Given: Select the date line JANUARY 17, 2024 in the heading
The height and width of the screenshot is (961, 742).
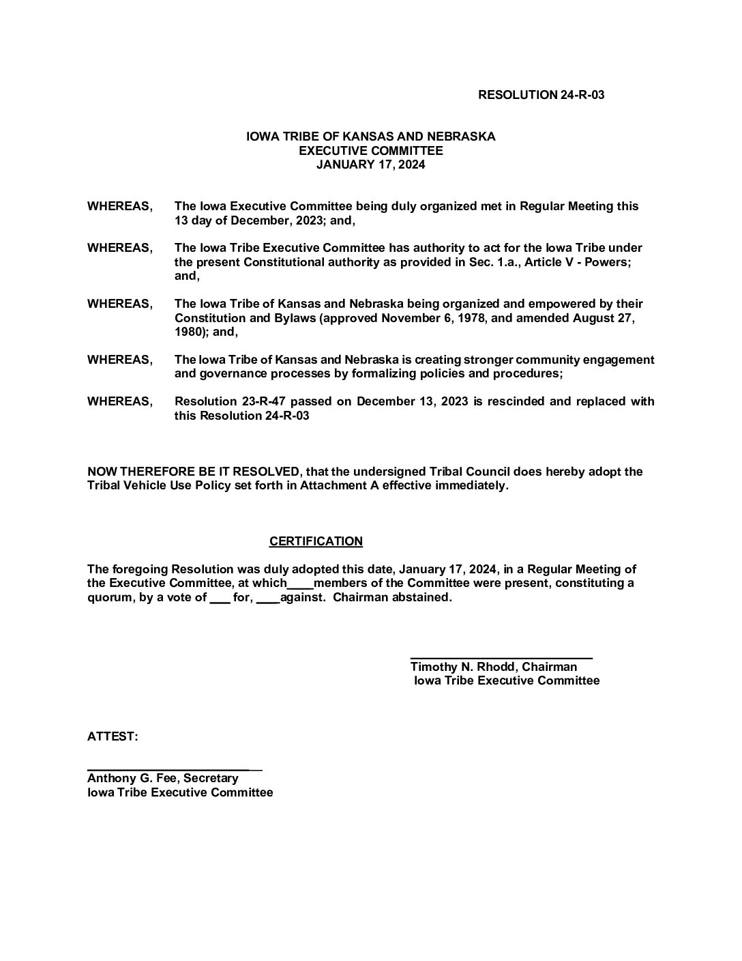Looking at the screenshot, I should [x=370, y=164].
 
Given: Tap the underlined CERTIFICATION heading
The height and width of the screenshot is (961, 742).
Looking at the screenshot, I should [x=316, y=541].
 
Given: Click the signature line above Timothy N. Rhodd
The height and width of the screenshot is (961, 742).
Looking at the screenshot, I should [x=501, y=657].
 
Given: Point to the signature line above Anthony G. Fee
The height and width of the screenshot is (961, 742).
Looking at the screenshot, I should [x=175, y=769].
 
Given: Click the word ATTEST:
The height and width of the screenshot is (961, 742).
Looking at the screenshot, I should [x=113, y=736].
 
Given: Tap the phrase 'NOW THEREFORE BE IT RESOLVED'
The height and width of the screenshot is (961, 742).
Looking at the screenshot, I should [x=193, y=472].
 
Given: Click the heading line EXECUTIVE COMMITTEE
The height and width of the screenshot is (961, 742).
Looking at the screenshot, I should [x=370, y=151].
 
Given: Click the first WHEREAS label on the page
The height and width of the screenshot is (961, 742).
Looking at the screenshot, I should [x=119, y=206].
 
